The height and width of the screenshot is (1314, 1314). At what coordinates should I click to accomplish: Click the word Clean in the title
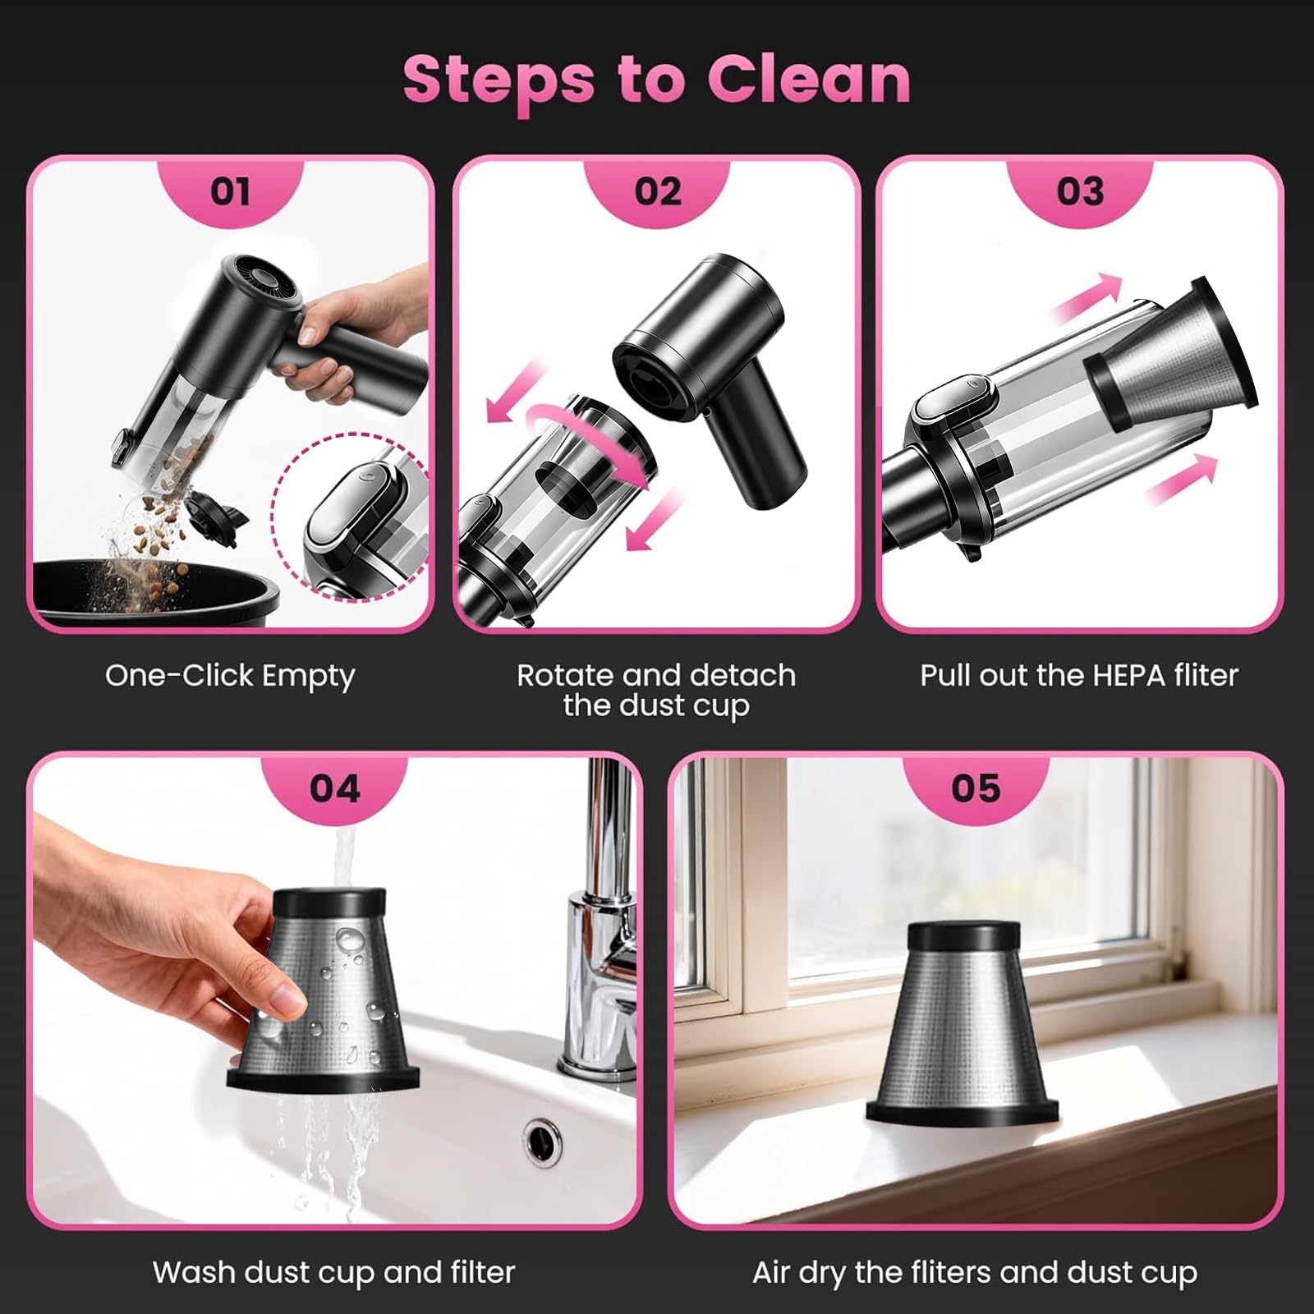[809, 80]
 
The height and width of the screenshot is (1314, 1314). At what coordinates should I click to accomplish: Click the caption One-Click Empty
[230, 676]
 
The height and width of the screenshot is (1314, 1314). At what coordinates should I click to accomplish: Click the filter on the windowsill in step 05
[963, 1022]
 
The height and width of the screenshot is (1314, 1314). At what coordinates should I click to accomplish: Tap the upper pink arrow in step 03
[1087, 299]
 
